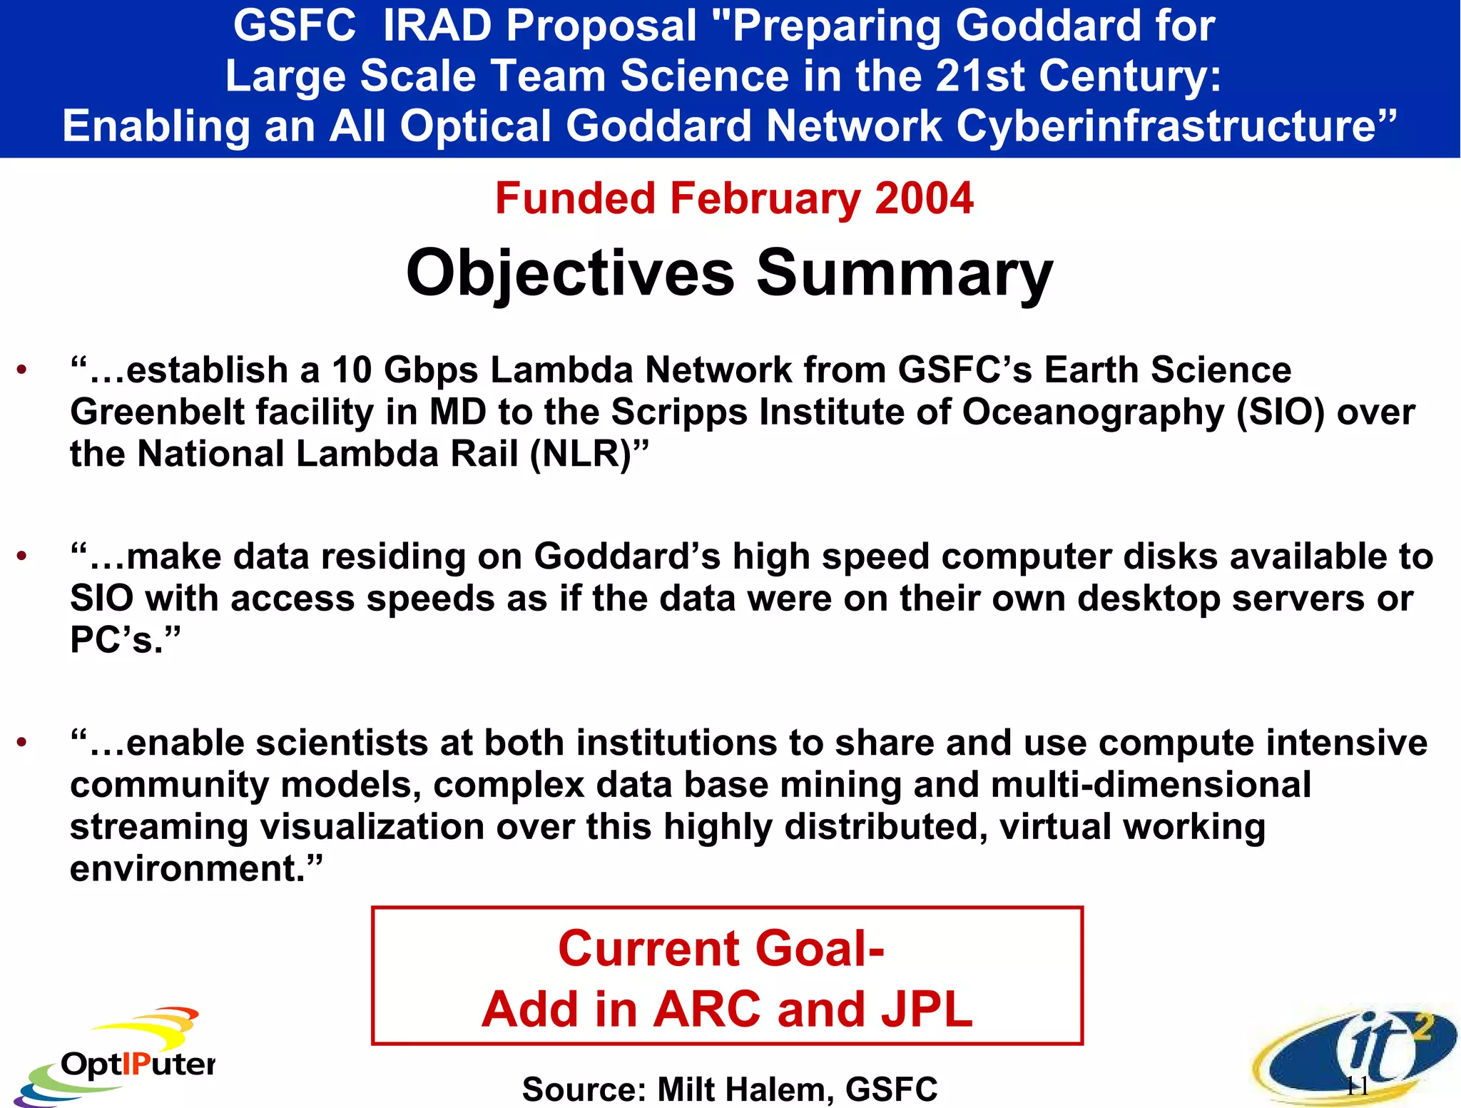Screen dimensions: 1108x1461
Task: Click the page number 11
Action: click(1356, 1087)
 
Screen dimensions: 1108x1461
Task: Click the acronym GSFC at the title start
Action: click(294, 26)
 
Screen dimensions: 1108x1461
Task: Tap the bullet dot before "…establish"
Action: click(23, 370)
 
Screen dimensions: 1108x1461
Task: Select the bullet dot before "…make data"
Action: click(23, 556)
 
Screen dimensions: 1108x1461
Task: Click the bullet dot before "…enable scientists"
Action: click(23, 743)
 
